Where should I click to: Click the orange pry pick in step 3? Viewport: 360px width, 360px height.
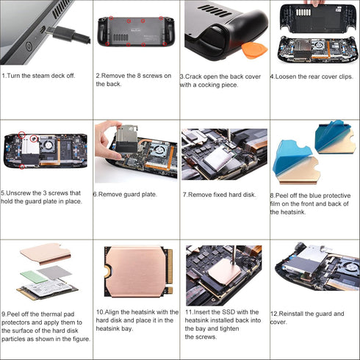254,51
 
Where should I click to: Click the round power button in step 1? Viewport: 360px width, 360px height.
29,46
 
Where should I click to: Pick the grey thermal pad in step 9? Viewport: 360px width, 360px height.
54,273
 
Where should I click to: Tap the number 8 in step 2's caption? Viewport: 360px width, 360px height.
139,76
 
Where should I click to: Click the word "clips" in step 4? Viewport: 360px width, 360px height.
346,76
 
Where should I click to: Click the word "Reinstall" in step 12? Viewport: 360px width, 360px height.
291,314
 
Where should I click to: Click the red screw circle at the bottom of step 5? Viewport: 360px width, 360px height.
22,167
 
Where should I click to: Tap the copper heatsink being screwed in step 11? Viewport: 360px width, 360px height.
223,271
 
